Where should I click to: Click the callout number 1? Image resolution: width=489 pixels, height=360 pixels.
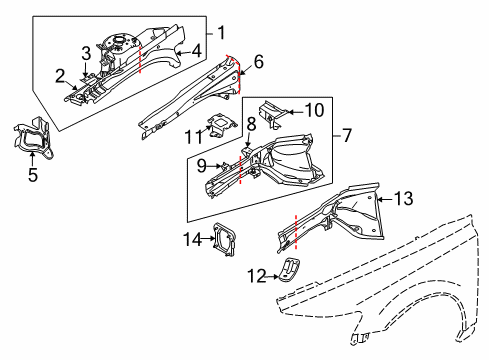[x=221, y=30]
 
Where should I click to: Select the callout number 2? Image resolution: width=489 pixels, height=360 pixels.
[x=60, y=75]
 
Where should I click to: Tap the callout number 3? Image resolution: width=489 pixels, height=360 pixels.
[x=87, y=52]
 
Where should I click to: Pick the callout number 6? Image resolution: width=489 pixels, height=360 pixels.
[x=258, y=62]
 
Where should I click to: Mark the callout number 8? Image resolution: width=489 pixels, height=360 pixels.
[x=252, y=124]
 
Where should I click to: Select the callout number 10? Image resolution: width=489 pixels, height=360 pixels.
[x=314, y=110]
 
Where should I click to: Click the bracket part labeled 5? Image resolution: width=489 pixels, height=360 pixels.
[x=32, y=140]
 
